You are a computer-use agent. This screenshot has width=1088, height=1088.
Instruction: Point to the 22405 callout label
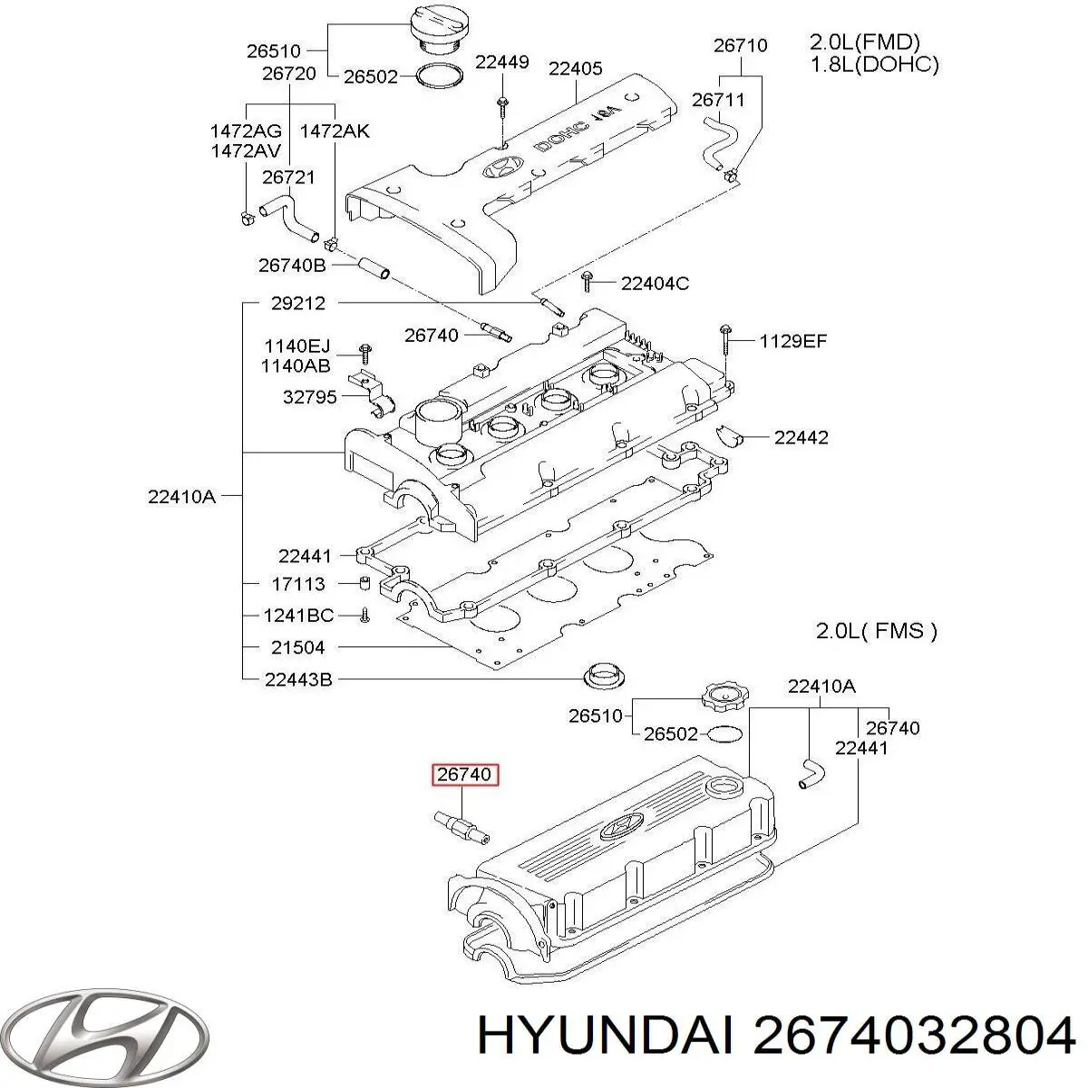(x=576, y=68)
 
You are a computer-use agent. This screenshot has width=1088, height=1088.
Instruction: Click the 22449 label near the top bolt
(x=502, y=62)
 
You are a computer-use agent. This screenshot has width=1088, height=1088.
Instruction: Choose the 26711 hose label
(x=718, y=101)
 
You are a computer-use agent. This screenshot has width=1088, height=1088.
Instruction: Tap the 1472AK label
(x=335, y=131)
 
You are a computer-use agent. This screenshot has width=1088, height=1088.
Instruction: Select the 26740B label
(x=292, y=266)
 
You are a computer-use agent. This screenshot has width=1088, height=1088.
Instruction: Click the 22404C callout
(x=655, y=284)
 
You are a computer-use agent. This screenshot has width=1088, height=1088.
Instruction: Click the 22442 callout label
(x=801, y=437)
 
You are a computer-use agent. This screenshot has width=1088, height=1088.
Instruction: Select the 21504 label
(x=296, y=647)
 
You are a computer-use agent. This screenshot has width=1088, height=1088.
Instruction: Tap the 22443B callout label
(x=298, y=678)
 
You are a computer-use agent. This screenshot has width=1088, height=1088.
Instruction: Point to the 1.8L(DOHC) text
(x=872, y=63)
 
